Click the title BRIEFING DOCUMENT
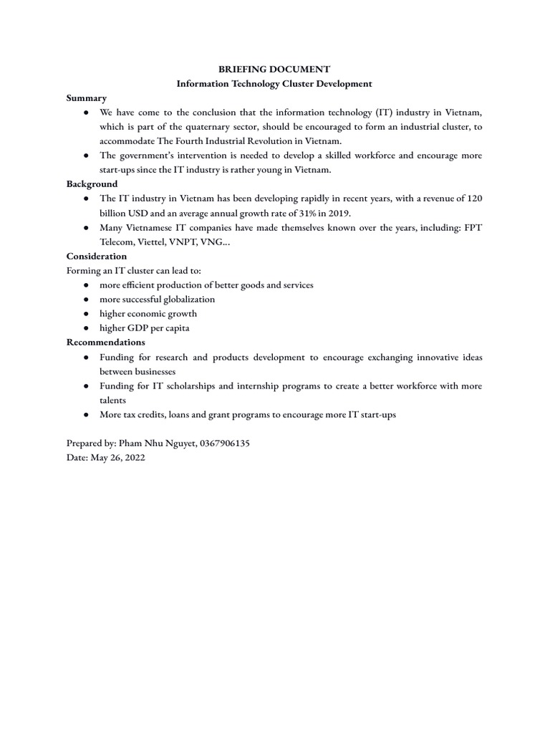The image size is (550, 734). coord(274,70)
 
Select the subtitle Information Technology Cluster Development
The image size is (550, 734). coord(274,84)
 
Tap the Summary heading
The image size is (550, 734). coord(87,98)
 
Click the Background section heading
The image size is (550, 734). coord(92,184)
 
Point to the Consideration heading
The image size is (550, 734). coord(97,256)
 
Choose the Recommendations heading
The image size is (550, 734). coord(106,342)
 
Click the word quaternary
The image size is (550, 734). coord(195,127)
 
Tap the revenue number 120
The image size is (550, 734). coord(474,199)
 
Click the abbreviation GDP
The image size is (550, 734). coord(140,328)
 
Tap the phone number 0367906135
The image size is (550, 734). coord(222,444)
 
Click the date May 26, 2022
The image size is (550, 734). coord(117,458)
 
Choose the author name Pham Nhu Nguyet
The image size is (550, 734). coord(148,444)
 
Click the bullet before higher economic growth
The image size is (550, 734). coord(86,313)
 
